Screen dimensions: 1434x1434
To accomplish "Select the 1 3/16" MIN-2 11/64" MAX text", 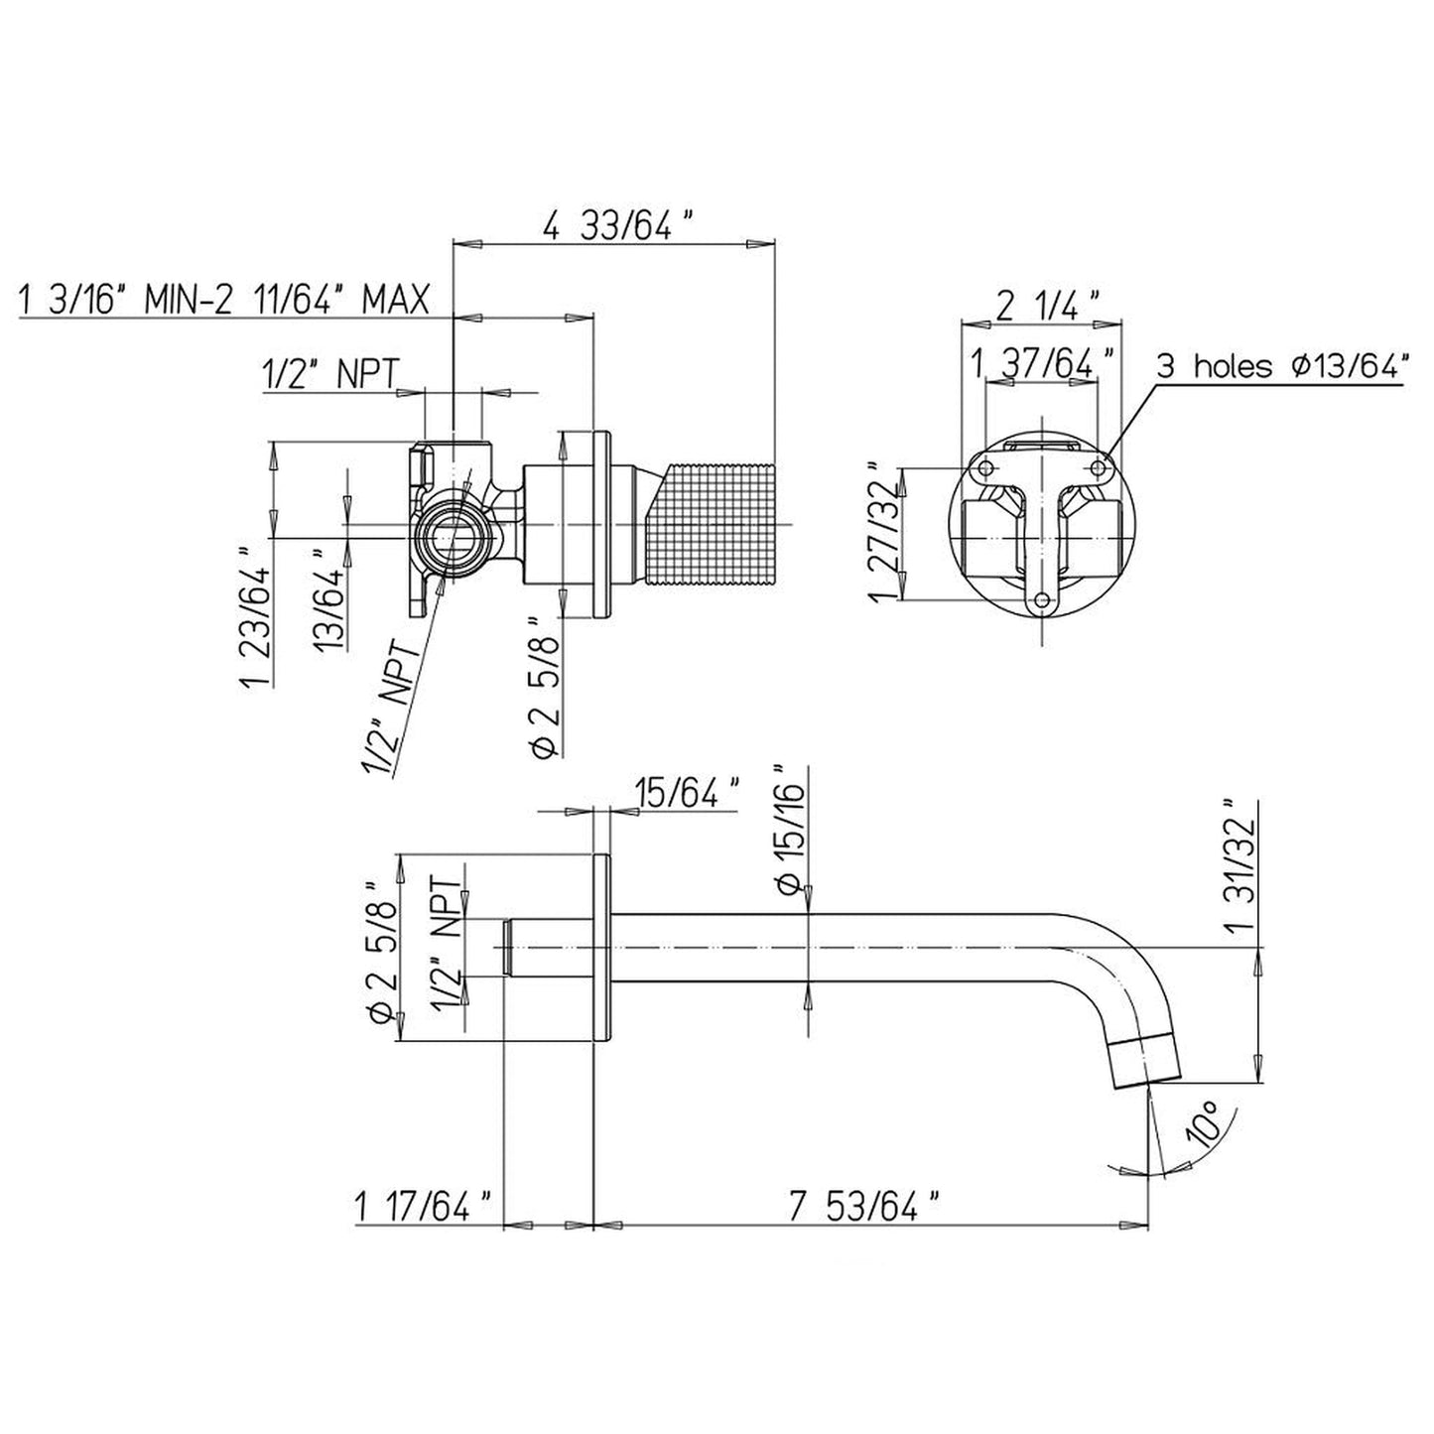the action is pos(224,300).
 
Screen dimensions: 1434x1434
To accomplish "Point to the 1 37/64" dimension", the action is pos(1044,364).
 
